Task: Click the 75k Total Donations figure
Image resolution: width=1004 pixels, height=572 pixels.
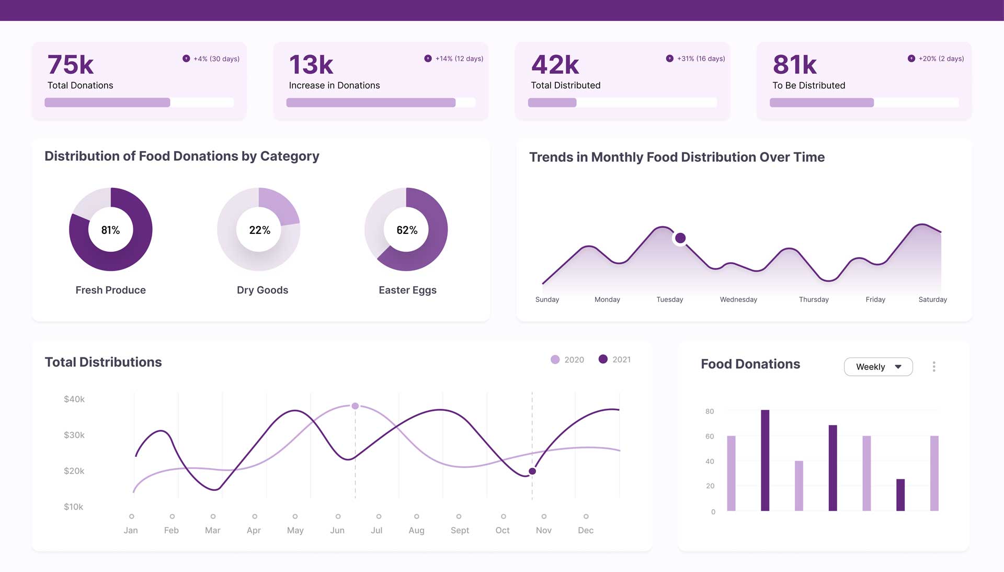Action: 71,65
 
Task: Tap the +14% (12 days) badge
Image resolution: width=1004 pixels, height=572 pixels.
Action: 454,59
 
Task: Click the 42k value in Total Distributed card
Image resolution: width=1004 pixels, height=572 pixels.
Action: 555,65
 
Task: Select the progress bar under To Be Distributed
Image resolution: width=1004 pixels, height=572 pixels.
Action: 864,103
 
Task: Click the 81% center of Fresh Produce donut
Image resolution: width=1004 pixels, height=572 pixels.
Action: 110,230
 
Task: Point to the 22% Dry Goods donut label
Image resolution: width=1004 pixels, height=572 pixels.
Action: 259,230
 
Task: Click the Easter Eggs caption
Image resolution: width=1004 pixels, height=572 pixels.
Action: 407,290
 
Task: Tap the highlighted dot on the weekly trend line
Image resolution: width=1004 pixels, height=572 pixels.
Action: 680,238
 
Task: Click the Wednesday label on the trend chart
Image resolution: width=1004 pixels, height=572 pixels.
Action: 738,299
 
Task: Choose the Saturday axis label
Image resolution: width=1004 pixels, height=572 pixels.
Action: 932,299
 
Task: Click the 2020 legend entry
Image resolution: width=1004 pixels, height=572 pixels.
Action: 567,360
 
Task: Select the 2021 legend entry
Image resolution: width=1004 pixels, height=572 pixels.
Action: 615,360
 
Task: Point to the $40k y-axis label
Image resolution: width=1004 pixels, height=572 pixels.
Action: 74,399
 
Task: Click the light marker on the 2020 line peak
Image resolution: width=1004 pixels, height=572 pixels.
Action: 355,406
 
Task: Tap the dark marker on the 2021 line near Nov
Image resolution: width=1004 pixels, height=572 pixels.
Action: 532,471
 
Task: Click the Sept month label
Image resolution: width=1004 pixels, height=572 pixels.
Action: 460,530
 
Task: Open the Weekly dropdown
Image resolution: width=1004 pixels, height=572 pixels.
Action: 878,367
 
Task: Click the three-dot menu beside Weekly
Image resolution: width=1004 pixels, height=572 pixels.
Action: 934,367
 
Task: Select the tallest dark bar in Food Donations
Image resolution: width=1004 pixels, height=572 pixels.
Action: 765,460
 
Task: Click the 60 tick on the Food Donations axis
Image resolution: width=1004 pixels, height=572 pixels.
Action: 710,436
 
